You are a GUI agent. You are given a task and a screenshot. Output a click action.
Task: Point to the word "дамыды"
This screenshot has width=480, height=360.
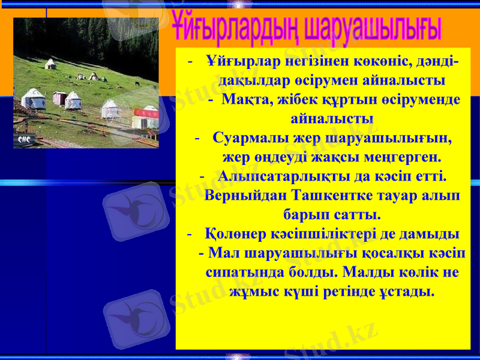[x=430, y=233]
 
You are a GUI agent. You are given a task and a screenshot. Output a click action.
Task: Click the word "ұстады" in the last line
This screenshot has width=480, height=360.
[x=407, y=291]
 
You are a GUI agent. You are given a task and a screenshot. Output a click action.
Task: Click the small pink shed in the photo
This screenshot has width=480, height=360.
[x=59, y=98]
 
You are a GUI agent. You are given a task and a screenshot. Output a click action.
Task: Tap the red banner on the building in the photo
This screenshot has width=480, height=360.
[x=146, y=113]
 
